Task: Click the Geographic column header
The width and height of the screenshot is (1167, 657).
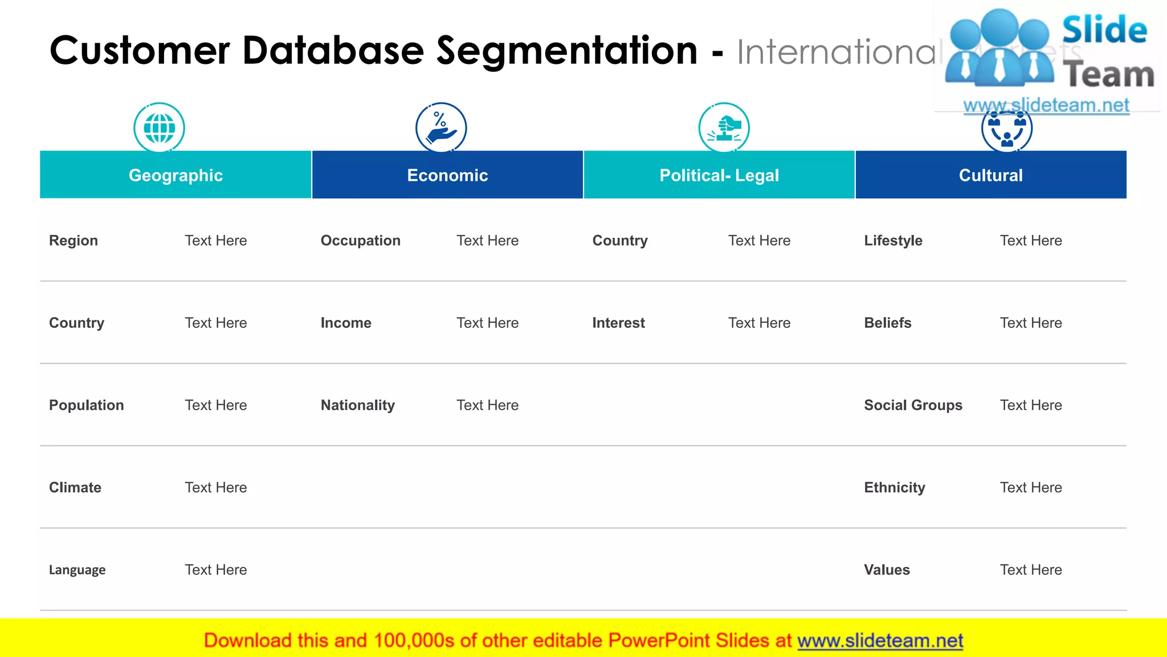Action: click(x=176, y=175)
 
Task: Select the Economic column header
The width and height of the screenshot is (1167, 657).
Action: click(x=447, y=175)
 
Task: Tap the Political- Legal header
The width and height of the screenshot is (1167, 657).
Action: click(x=719, y=175)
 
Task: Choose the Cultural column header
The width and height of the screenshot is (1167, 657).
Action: click(x=990, y=175)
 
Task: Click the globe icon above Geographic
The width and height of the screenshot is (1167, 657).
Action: click(x=160, y=128)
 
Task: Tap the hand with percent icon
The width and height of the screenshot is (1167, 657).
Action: click(x=441, y=128)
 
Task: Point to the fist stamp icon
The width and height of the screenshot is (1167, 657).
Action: click(x=724, y=128)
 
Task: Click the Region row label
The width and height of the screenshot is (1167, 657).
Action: click(x=74, y=241)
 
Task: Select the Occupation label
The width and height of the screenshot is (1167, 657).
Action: click(x=361, y=241)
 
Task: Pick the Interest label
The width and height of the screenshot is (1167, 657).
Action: click(x=618, y=323)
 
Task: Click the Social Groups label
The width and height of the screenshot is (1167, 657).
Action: click(x=913, y=405)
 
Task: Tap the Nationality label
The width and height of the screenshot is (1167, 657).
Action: click(x=358, y=405)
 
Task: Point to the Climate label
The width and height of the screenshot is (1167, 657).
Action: click(x=75, y=488)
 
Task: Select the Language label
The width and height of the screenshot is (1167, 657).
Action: click(x=77, y=570)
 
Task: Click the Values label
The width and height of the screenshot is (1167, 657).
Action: click(x=887, y=570)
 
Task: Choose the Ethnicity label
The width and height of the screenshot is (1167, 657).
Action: click(x=895, y=488)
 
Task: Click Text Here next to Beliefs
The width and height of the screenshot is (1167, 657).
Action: click(x=1031, y=323)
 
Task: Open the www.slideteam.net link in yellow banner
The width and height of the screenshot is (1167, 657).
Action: click(x=880, y=640)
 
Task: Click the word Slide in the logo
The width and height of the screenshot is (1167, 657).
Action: click(x=1104, y=30)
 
